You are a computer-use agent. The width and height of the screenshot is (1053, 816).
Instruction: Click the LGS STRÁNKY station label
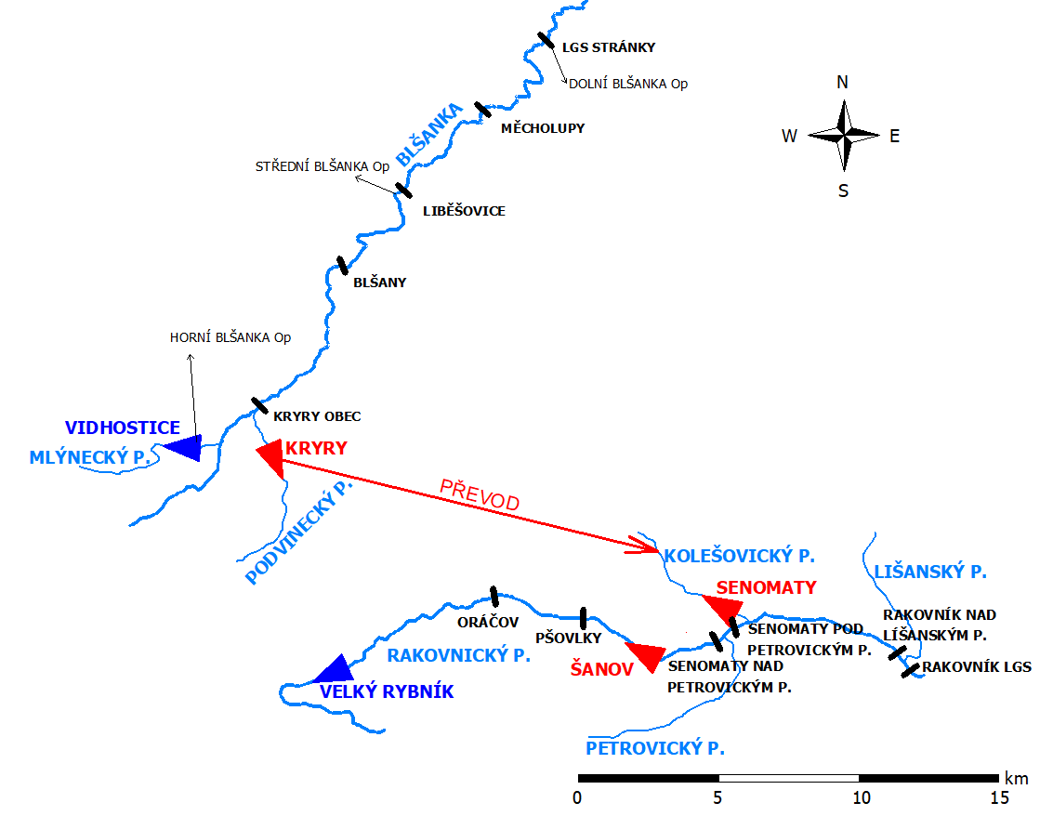609,46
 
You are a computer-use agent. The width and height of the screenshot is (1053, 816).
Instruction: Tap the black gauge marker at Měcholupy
481,110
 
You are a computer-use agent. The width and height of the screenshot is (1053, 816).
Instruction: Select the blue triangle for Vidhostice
184,447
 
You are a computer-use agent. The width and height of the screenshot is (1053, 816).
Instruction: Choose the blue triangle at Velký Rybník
333,669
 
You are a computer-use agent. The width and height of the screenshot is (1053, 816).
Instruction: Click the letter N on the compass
842,82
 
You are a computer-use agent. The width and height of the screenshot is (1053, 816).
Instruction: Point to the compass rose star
843,136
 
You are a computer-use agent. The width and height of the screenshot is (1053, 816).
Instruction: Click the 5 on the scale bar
717,797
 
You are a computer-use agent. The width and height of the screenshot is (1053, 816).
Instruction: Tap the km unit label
1015,777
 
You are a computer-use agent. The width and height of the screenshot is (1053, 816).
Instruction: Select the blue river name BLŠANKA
428,136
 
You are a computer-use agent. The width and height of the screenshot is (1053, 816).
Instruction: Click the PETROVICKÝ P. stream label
655,747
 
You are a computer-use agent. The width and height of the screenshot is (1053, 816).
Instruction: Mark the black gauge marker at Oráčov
494,596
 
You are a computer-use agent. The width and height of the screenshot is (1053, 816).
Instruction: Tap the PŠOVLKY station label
569,638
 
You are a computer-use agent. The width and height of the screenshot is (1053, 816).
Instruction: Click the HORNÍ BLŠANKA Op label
230,337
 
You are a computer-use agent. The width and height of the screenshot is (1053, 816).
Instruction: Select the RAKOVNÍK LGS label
977,666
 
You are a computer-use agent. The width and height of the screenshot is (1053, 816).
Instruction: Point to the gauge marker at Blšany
342,266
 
